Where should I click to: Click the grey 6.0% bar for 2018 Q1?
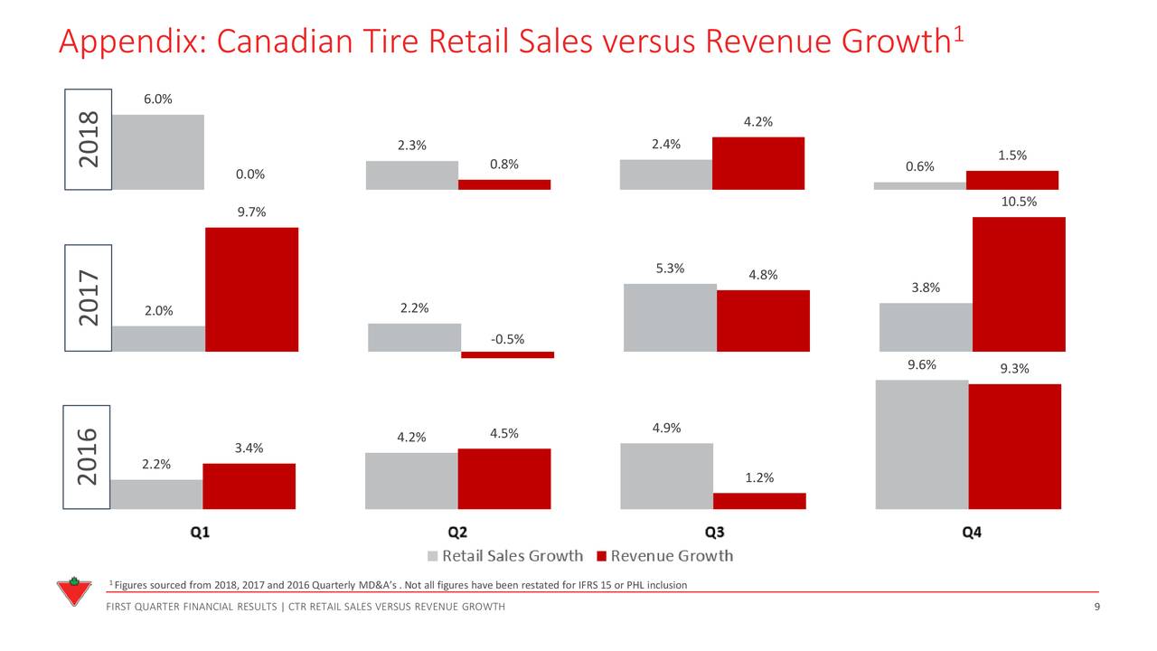pos(157,152)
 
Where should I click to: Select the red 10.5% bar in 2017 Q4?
pos(1019,284)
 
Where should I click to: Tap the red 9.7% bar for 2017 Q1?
pos(251,289)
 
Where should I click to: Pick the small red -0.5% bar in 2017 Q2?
pos(507,355)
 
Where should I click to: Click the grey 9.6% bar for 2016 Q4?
pos(922,444)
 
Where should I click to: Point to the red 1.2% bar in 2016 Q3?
pos(759,501)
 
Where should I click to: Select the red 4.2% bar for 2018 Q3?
pos(757,164)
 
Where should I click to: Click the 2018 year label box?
pos(88,139)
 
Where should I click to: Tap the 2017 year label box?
pos(88,297)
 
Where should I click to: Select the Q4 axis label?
pos(971,533)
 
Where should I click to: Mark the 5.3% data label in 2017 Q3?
pos(670,268)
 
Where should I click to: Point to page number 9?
pos(1096,607)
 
